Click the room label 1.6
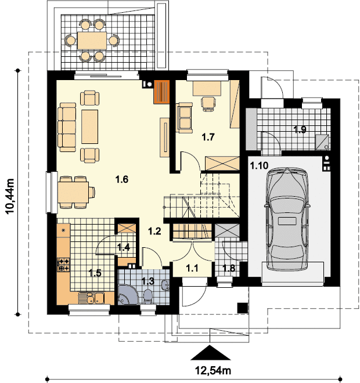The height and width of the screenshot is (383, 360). click(x=121, y=179)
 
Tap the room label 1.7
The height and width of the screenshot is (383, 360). click(x=208, y=137)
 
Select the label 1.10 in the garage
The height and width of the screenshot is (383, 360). click(x=258, y=166)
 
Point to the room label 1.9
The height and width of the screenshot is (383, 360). click(x=300, y=129)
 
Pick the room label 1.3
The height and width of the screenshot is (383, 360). click(x=148, y=281)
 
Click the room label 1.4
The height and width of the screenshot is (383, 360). click(x=124, y=248)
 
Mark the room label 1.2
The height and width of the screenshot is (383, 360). click(x=153, y=231)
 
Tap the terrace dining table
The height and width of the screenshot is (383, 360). click(x=92, y=40)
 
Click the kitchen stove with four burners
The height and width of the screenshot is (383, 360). click(x=63, y=265)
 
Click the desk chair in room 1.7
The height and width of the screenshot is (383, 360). click(x=207, y=102)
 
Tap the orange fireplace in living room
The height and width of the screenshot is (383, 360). click(x=162, y=91)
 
